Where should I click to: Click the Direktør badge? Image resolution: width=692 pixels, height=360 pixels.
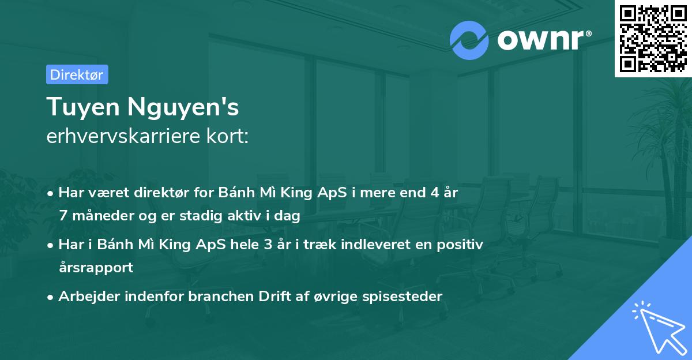(x=77, y=74)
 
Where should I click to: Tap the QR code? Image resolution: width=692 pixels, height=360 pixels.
(x=652, y=39)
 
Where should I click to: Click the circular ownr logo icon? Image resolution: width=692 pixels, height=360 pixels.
(x=469, y=40)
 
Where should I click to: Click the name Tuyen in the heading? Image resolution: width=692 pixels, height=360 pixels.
(x=84, y=107)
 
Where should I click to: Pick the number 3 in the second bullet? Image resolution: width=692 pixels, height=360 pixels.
(x=267, y=245)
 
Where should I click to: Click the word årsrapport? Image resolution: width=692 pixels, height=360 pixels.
(x=96, y=268)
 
